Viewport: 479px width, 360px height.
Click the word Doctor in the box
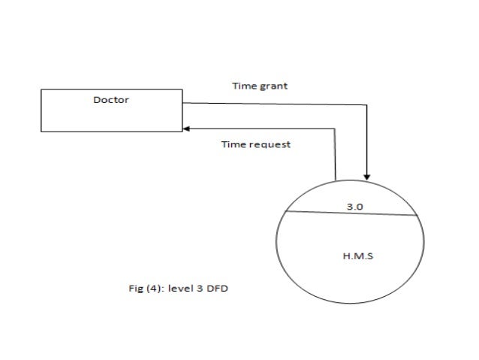point(110,100)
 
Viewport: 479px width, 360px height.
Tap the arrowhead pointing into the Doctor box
point(185,128)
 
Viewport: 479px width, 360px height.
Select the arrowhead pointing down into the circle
point(367,176)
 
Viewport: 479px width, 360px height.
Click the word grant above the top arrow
point(274,86)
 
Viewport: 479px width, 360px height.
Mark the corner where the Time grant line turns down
point(367,104)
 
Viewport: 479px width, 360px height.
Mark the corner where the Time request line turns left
point(336,128)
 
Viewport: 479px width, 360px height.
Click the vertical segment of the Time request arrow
point(336,154)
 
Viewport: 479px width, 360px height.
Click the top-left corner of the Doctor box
point(41,89)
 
